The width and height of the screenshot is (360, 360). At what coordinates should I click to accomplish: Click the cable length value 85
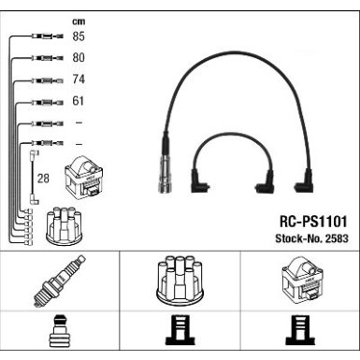pyautogui.click(x=79, y=37)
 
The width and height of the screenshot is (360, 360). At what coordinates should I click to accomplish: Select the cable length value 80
pyautogui.click(x=79, y=59)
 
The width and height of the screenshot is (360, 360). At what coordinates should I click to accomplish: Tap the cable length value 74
pyautogui.click(x=79, y=80)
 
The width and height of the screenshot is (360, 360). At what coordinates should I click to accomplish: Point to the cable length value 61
pyautogui.click(x=79, y=102)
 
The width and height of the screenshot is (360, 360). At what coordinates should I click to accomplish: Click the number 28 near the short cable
pyautogui.click(x=42, y=178)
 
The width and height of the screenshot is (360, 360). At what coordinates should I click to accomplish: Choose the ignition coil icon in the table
pyautogui.click(x=298, y=279)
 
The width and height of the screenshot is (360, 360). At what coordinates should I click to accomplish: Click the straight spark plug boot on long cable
pyautogui.click(x=168, y=171)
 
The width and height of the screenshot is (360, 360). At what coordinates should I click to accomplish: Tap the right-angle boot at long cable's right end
pyautogui.click(x=305, y=180)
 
